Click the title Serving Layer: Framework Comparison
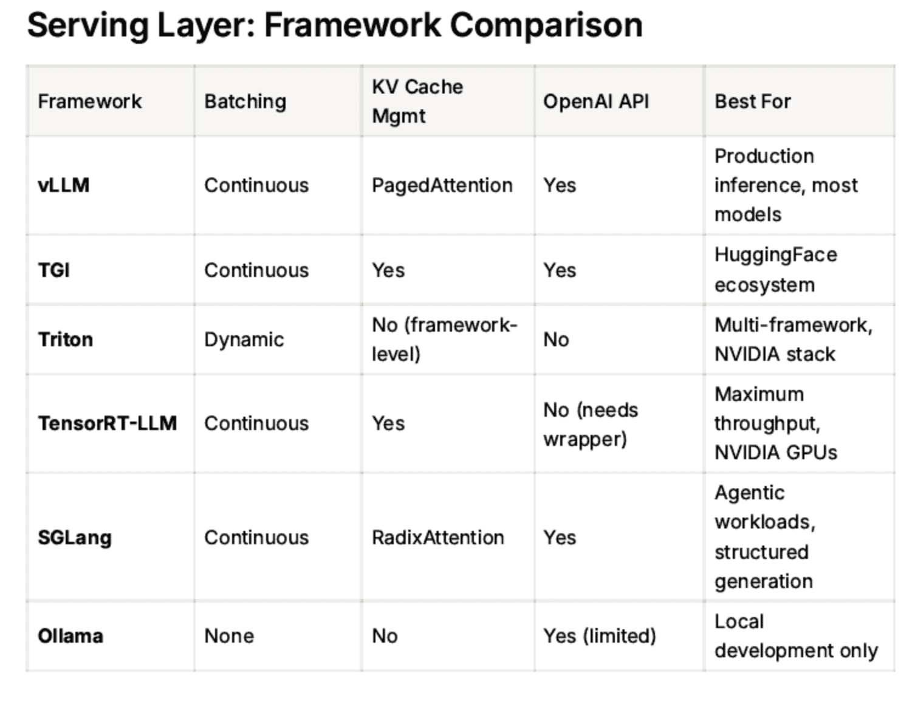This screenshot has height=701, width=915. tap(334, 26)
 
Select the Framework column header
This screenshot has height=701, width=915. tap(89, 101)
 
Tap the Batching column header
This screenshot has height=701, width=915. tap(245, 101)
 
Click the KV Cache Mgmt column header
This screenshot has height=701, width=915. tap(417, 101)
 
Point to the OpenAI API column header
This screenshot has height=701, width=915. tap(595, 101)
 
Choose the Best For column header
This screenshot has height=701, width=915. tap(752, 101)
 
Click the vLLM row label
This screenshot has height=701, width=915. tap(63, 185)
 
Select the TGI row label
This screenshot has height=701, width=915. tap(53, 270)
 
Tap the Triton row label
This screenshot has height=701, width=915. tap(65, 340)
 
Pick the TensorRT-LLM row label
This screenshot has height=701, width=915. tap(107, 423)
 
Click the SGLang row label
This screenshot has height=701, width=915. tap(74, 538)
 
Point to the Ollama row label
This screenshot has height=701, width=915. tap(70, 636)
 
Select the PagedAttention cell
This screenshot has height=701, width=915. tap(442, 185)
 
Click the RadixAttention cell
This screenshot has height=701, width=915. tap(437, 538)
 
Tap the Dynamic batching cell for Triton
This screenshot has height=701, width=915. tap(244, 340)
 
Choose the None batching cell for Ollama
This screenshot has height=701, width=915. tap(228, 636)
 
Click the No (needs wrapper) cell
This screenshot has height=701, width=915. tap(590, 424)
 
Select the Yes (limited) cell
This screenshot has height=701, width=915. tap(599, 636)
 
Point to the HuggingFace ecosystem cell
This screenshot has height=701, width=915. tap(775, 270)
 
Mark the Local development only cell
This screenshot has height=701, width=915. tap(795, 636)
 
